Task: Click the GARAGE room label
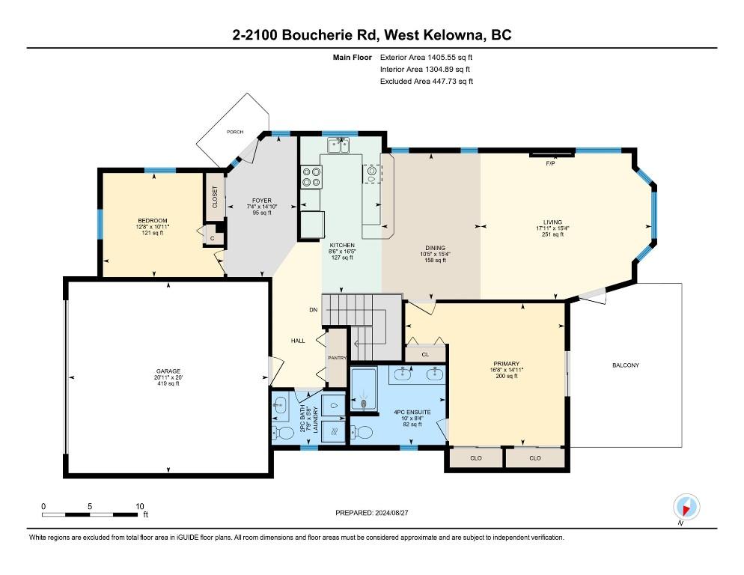tap(168, 371)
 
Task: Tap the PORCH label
tap(235, 132)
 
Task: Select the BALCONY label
tap(626, 365)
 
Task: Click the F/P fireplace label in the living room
tap(550, 163)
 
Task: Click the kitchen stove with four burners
tap(311, 176)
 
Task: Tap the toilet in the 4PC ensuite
tap(362, 431)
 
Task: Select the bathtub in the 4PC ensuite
tap(364, 389)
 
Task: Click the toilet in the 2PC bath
tap(283, 433)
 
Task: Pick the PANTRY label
tap(338, 358)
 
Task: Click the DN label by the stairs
tap(313, 310)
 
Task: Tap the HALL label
tap(298, 341)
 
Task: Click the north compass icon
tap(686, 508)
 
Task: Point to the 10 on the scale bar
tap(139, 506)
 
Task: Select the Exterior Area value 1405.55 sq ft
tap(450, 58)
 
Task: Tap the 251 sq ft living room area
tap(553, 234)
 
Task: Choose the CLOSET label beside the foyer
tap(215, 197)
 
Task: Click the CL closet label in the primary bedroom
tap(425, 354)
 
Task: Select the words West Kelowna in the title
tap(433, 35)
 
